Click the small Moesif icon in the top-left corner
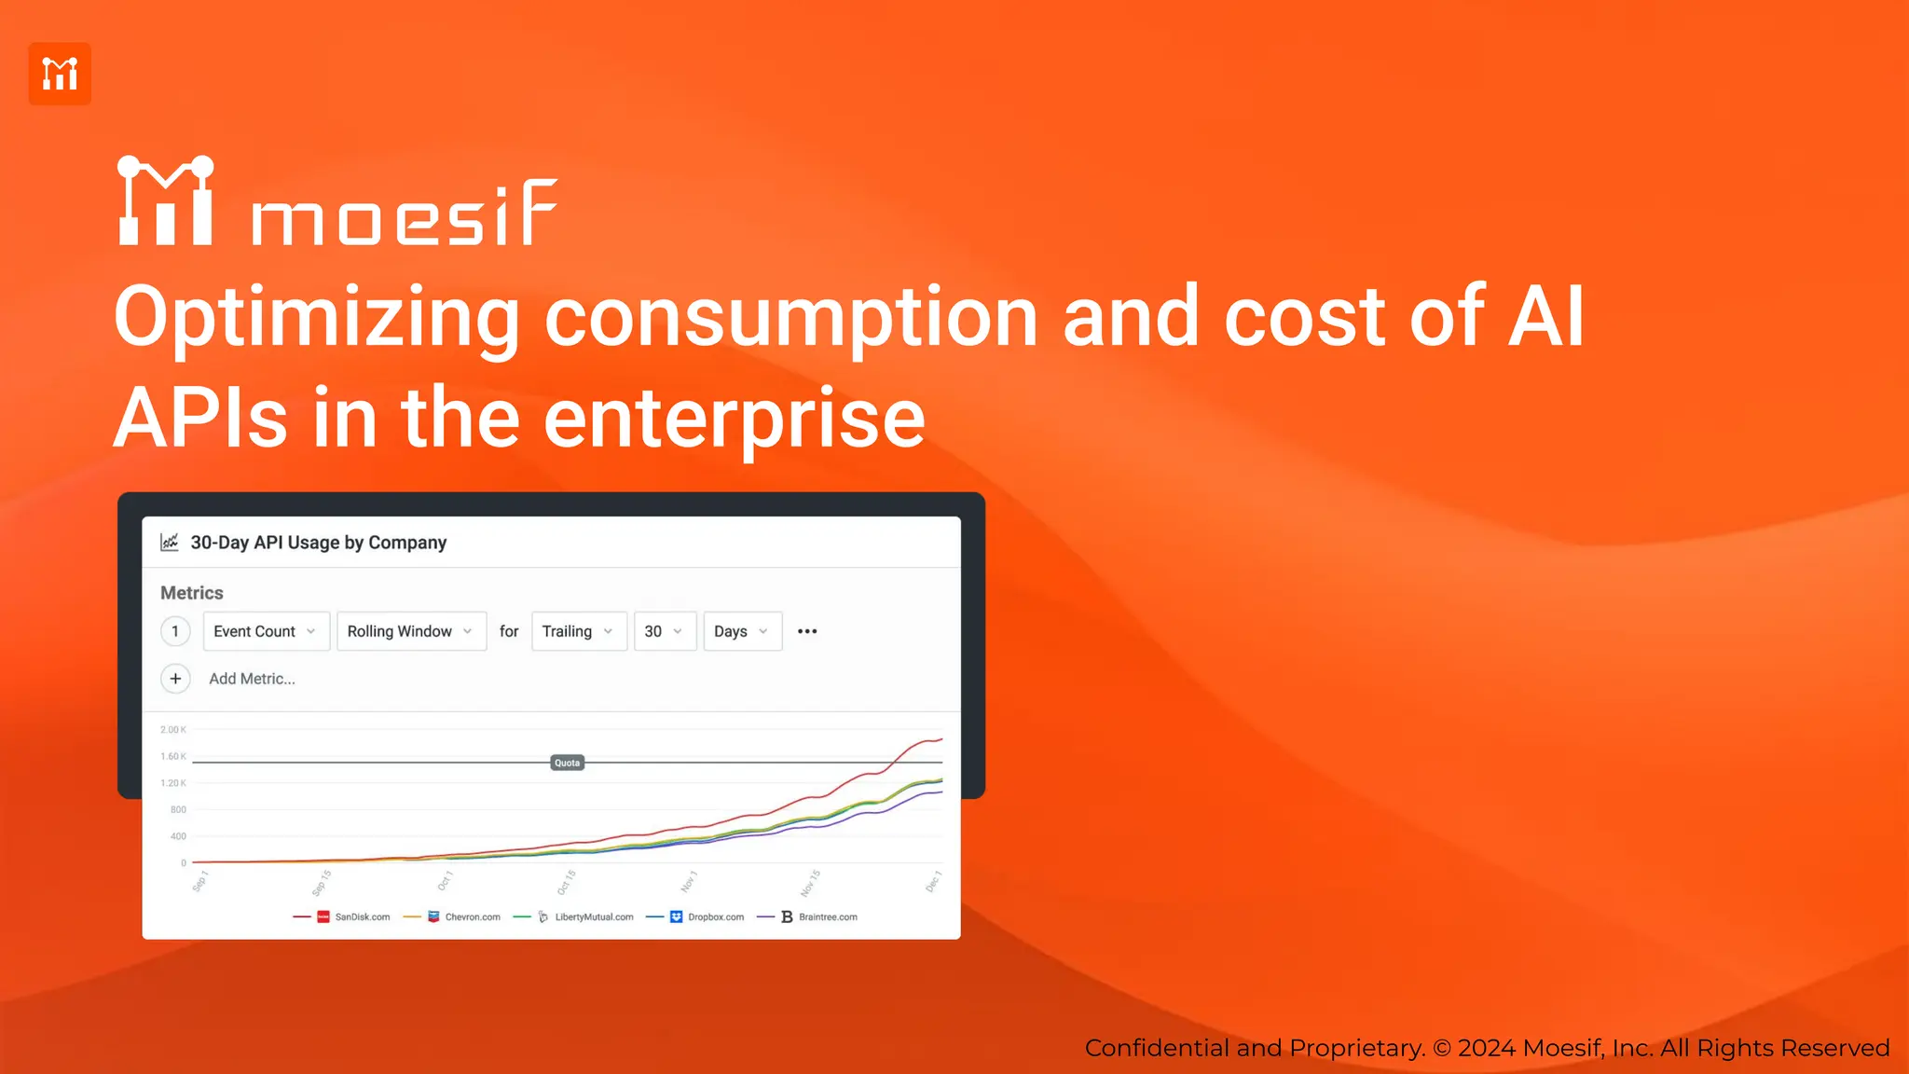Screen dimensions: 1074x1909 point(60,74)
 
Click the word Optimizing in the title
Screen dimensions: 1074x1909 point(316,318)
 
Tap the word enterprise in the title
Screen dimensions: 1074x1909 point(734,419)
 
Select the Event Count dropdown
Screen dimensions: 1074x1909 point(266,631)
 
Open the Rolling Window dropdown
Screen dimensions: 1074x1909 point(411,631)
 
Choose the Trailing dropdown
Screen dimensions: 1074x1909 point(578,631)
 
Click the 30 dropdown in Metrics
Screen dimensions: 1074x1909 point(664,631)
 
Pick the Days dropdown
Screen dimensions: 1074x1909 point(742,631)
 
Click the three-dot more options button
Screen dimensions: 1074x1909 point(807,631)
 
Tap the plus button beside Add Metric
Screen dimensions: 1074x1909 point(175,679)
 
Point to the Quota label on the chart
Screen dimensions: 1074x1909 point(567,763)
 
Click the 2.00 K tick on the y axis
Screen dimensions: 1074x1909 point(173,730)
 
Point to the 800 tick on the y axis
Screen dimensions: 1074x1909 point(178,809)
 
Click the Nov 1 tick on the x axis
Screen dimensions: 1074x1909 point(689,881)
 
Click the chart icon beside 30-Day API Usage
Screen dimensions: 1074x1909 point(170,543)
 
